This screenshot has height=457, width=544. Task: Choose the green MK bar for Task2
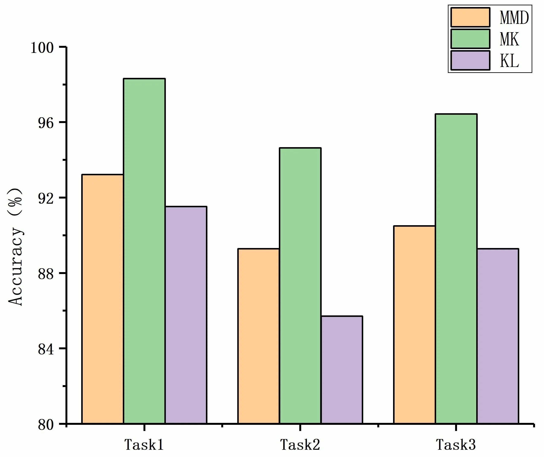point(300,286)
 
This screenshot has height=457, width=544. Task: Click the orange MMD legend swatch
point(470,17)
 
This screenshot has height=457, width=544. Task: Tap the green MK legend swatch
point(470,39)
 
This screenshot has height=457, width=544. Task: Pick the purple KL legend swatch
point(470,60)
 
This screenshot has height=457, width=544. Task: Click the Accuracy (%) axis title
point(16,247)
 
